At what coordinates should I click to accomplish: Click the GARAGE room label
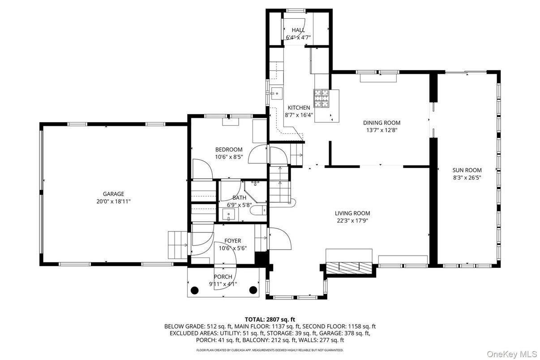tap(113, 194)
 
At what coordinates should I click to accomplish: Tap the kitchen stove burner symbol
tap(321, 99)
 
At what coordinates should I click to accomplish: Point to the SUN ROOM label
tap(467, 170)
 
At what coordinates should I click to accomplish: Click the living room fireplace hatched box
tap(349, 267)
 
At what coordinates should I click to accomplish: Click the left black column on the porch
tap(194, 290)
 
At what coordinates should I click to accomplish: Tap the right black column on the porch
tap(253, 290)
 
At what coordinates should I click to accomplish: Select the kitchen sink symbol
tap(276, 93)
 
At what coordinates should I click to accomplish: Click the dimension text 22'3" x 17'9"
tap(352, 221)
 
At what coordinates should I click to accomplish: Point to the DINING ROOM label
tap(381, 123)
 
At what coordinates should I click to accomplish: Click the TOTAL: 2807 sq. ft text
tap(270, 320)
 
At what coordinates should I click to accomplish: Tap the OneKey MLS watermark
tap(512, 354)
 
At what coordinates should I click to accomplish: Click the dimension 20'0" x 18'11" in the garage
tap(113, 201)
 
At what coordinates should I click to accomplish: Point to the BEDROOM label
tap(229, 150)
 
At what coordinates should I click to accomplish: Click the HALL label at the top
tap(298, 30)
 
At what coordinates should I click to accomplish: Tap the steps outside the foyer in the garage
tap(178, 245)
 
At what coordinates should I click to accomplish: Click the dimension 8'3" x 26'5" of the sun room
tap(467, 178)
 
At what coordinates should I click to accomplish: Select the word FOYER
tap(233, 240)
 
